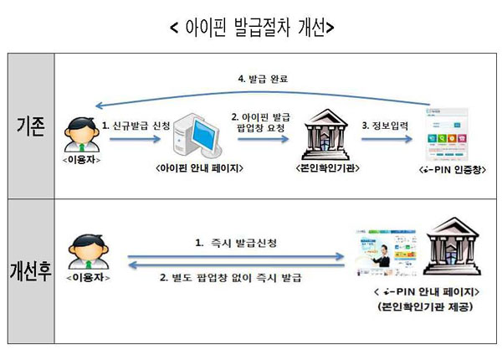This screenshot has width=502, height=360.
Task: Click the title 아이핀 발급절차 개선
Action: pyautogui.click(x=251, y=27)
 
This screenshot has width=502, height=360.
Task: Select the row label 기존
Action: pyautogui.click(x=30, y=126)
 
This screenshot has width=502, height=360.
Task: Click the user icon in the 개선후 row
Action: pyautogui.click(x=82, y=250)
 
